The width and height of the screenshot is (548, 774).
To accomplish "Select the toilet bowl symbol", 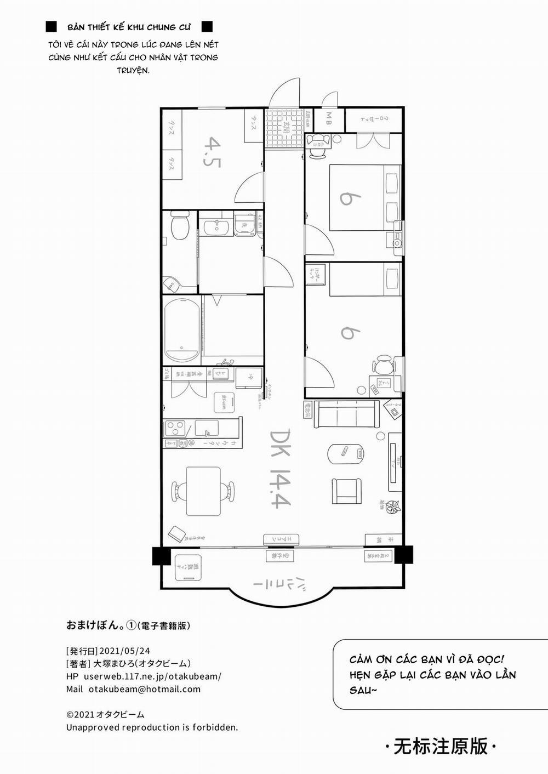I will pos(179,226).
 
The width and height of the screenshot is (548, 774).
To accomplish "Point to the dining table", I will pos(203,491).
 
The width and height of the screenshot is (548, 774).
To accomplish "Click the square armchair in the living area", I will pos(346,491).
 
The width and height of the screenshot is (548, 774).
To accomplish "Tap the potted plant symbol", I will pos(392,508).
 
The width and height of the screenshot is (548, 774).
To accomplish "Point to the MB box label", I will pos(329,118).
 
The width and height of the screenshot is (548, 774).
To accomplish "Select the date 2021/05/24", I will pos(124,651).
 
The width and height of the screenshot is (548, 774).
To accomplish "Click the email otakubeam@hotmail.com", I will pos(144,689).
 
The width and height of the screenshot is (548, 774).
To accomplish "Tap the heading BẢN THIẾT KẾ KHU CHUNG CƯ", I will pos(129,27).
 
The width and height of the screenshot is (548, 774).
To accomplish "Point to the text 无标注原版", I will pos(441,746).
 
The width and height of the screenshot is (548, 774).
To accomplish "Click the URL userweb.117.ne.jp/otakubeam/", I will pos(152,676).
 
